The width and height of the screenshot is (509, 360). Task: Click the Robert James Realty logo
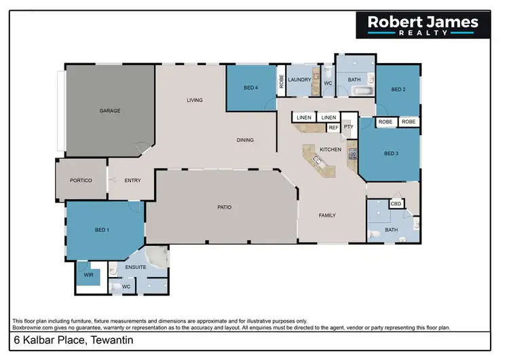coord(423,26)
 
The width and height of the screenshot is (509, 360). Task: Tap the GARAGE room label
coord(110,110)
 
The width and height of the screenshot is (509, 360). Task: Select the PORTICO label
coord(81,180)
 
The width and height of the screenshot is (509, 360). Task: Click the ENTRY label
coord(133,180)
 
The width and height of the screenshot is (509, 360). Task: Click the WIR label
coord(88,275)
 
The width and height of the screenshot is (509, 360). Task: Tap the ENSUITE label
coord(136,267)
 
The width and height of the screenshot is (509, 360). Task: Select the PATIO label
coord(225,207)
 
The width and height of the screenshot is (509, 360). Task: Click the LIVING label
coord(195,101)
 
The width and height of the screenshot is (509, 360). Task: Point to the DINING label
coord(245,141)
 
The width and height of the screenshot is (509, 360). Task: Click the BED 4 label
coord(250,88)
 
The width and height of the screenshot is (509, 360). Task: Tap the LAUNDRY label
coord(299,80)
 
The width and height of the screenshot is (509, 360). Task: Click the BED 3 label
coord(391,154)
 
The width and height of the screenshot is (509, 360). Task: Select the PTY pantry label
coord(348,126)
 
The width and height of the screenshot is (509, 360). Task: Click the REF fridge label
coord(333,127)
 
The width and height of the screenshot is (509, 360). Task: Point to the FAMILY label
coord(328,215)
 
